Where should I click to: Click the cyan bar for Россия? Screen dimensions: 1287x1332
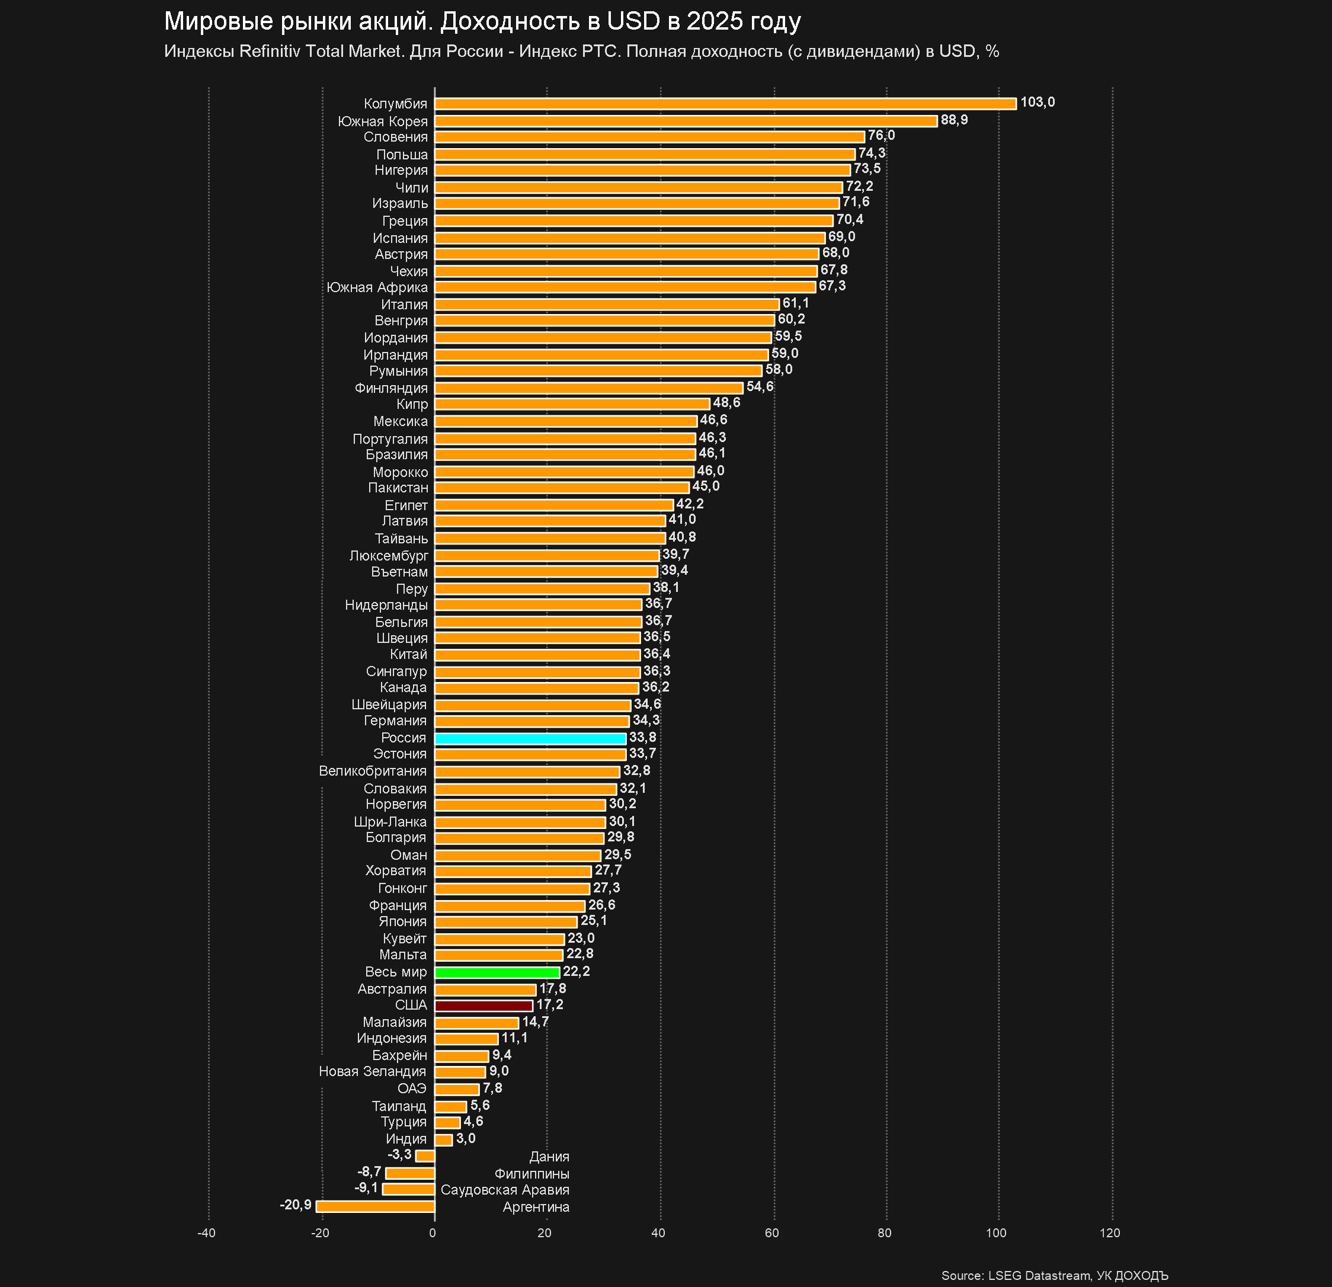tap(530, 738)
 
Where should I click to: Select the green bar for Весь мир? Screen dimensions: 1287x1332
tap(497, 972)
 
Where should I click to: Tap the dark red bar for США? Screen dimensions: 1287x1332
tap(483, 1006)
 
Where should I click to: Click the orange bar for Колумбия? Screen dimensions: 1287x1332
tap(725, 103)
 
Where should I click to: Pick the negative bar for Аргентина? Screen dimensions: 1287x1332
tap(375, 1206)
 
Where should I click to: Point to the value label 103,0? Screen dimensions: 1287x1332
tap(1037, 103)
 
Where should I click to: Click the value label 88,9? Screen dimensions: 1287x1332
tap(953, 120)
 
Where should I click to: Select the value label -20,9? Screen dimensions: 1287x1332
tap(296, 1205)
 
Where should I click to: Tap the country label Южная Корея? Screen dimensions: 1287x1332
tap(383, 121)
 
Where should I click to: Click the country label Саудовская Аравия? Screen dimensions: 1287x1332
tap(504, 1190)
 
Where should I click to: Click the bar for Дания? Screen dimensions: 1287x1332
tap(425, 1156)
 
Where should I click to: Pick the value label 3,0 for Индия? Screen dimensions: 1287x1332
tap(466, 1138)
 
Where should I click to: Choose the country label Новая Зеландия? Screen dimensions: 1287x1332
tap(373, 1071)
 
